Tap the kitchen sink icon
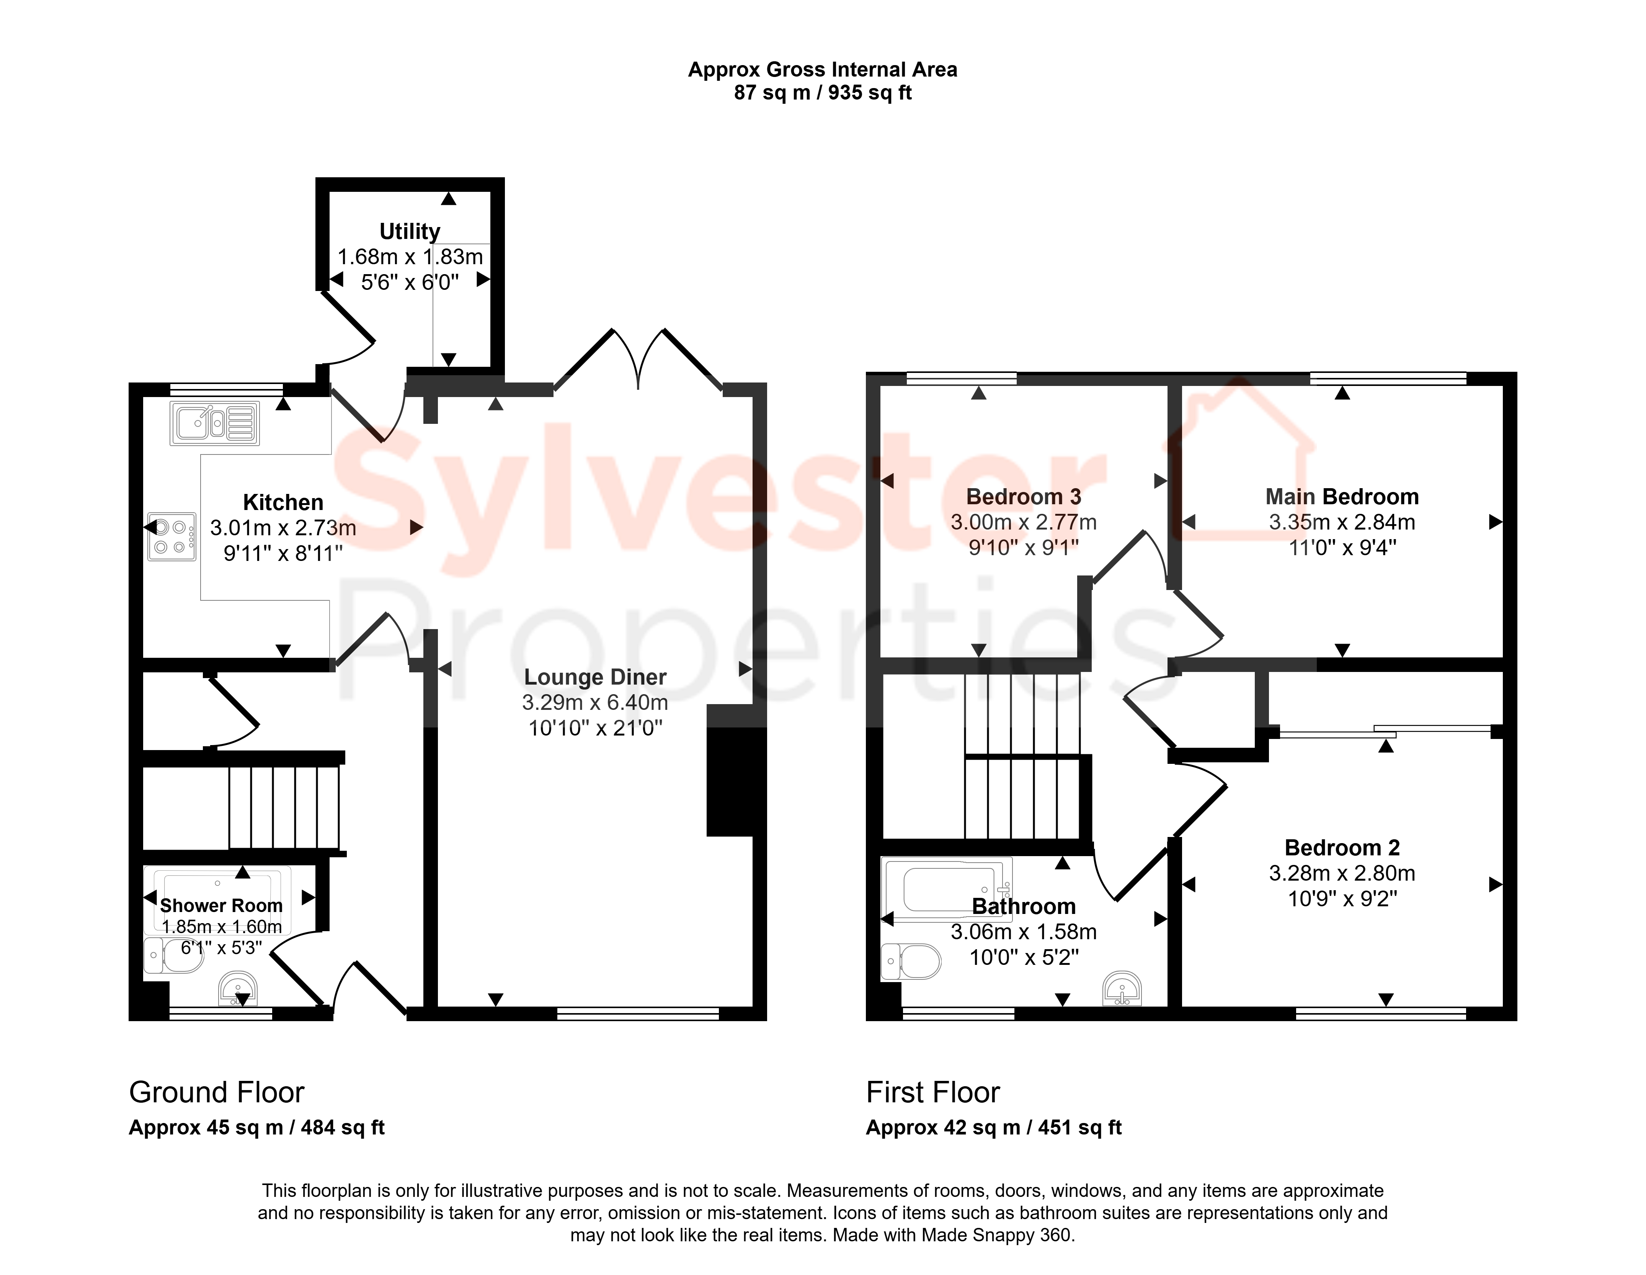(215, 423)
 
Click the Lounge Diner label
(595, 677)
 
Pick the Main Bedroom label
(1342, 497)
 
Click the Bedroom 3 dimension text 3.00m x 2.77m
(1024, 522)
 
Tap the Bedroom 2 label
(1342, 847)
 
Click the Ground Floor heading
(216, 1092)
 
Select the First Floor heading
(933, 1092)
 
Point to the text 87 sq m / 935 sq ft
(823, 93)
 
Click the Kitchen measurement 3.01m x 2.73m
(283, 528)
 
